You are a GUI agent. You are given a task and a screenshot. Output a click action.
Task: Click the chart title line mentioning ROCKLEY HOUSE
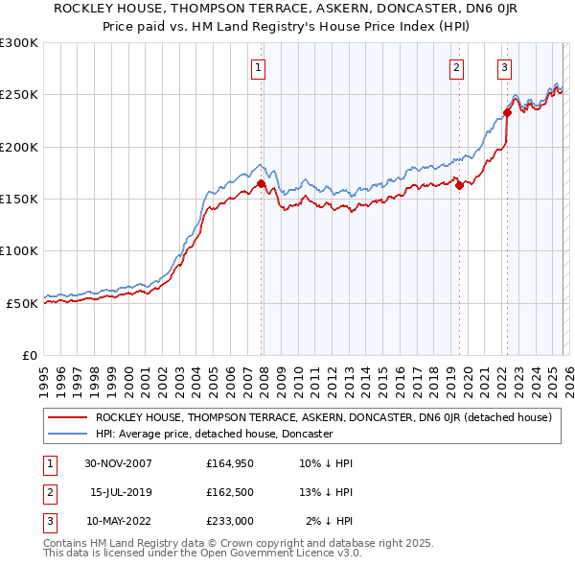pyautogui.click(x=287, y=9)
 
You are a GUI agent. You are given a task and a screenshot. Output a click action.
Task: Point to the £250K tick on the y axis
pyautogui.click(x=19, y=95)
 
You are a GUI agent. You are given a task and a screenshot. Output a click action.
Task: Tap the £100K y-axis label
pyautogui.click(x=19, y=250)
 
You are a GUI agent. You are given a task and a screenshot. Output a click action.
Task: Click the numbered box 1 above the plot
pyautogui.click(x=260, y=67)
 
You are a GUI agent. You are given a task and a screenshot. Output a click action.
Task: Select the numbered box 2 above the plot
pyautogui.click(x=456, y=67)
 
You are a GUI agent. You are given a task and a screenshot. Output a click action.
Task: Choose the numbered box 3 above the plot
pyautogui.click(x=504, y=67)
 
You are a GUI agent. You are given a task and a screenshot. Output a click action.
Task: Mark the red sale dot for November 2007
pyautogui.click(x=261, y=183)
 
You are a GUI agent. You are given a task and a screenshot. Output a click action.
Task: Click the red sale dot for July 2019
pyautogui.click(x=459, y=185)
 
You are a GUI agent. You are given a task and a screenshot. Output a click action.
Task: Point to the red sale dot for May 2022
pyautogui.click(x=507, y=112)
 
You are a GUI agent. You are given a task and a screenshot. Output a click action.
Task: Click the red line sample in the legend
pyautogui.click(x=68, y=418)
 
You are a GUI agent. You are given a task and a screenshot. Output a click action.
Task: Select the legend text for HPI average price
pyautogui.click(x=213, y=434)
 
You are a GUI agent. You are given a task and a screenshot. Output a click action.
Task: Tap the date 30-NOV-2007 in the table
pyautogui.click(x=118, y=463)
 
